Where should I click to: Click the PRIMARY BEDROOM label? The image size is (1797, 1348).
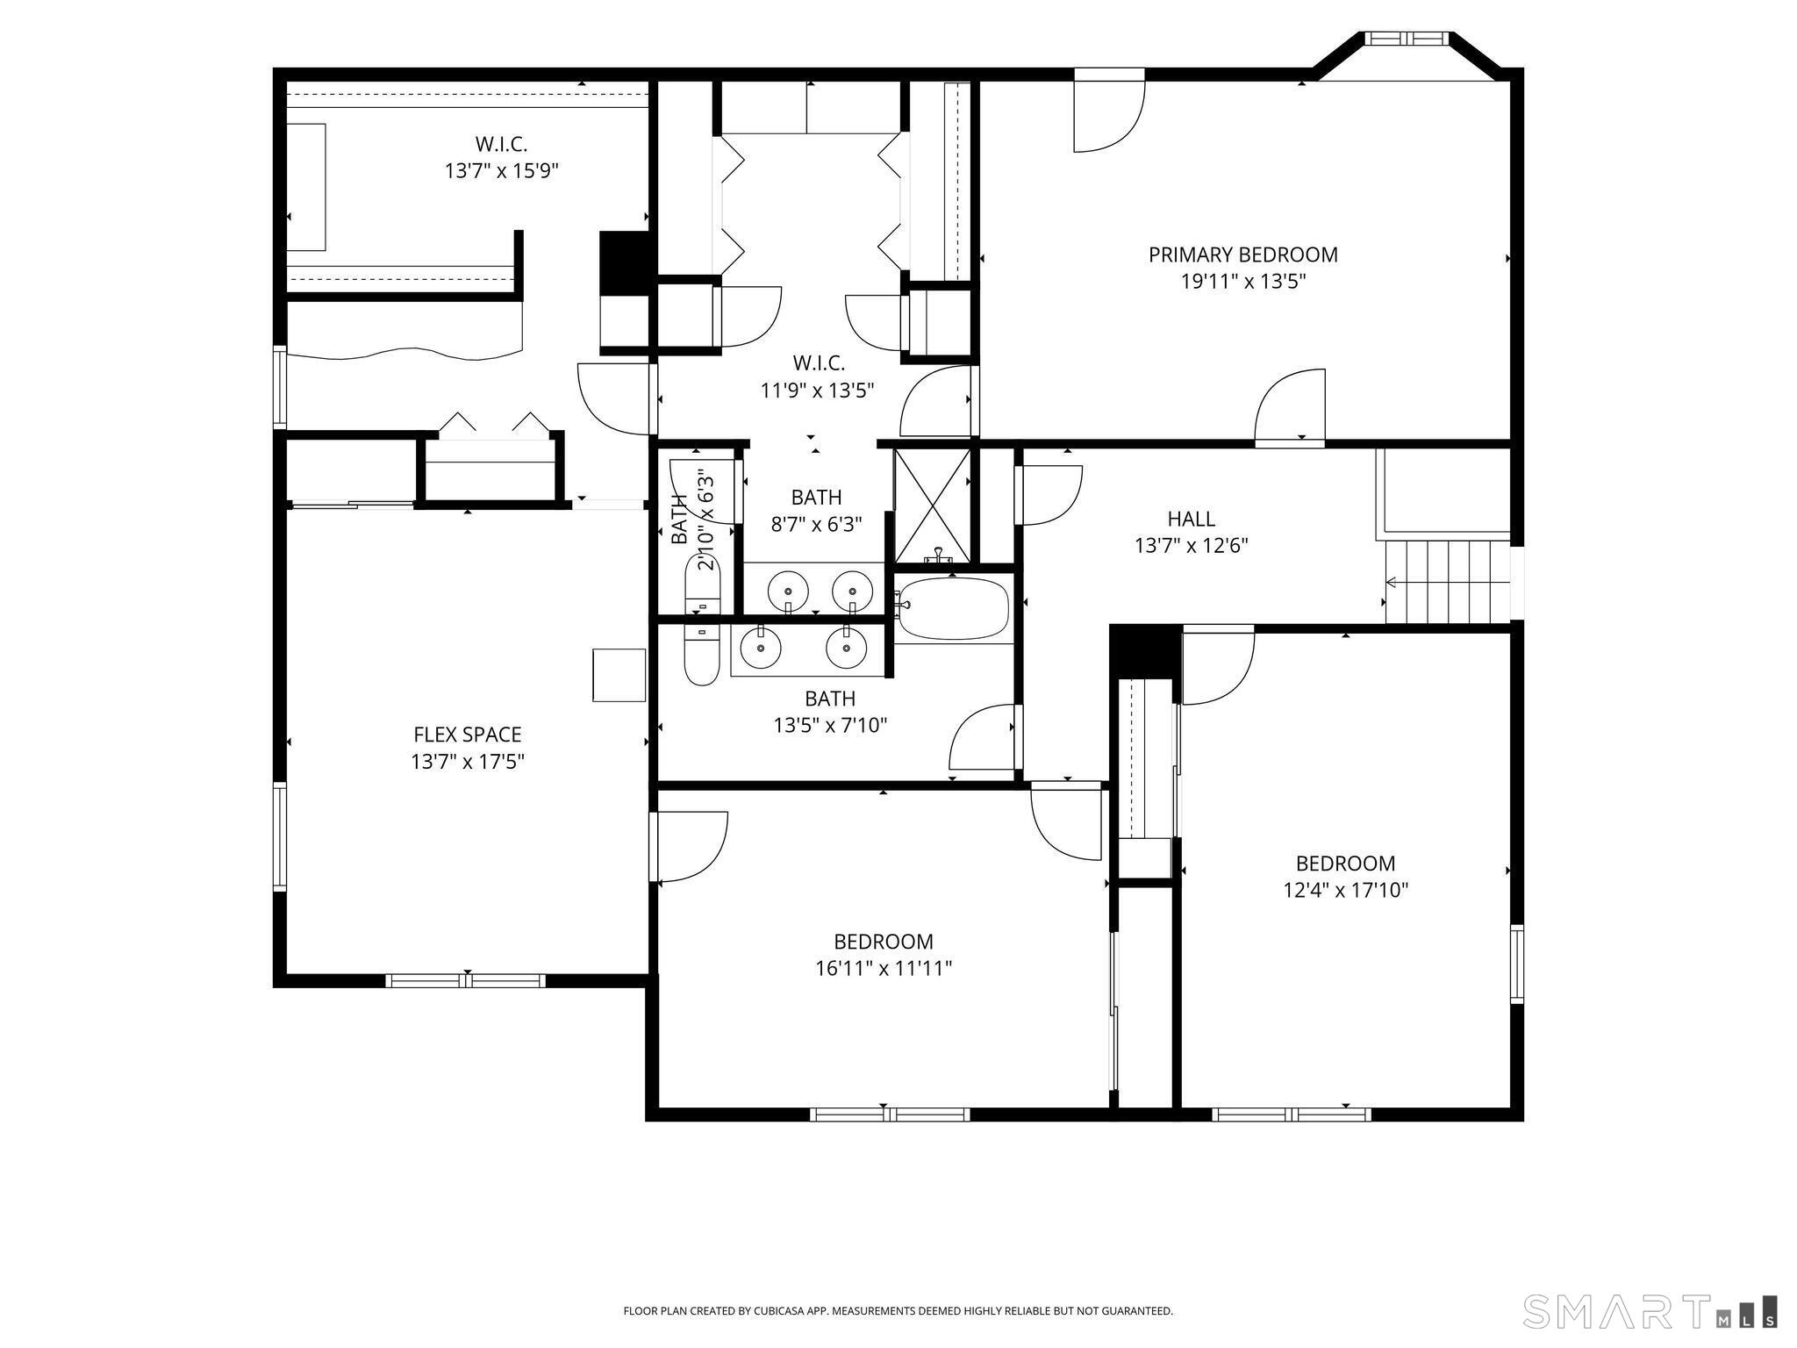point(1242,255)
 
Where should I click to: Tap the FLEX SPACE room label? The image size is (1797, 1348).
point(467,735)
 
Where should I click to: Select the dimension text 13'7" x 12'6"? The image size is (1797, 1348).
point(1191,546)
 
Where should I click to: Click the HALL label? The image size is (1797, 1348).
point(1191,519)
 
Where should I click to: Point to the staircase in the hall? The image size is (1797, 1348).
point(1446,582)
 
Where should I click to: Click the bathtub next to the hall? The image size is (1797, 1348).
point(953,608)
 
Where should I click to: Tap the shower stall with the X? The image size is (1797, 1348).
point(932,505)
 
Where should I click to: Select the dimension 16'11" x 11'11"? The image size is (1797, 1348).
point(883,969)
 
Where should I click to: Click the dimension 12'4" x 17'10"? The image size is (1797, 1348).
point(1345,891)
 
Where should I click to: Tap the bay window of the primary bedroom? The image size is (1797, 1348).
point(1407,39)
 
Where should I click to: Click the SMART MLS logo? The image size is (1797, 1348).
point(1650,1311)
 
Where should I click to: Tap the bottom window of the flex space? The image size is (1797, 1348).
point(466,980)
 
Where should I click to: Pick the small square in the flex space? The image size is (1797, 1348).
point(619,675)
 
